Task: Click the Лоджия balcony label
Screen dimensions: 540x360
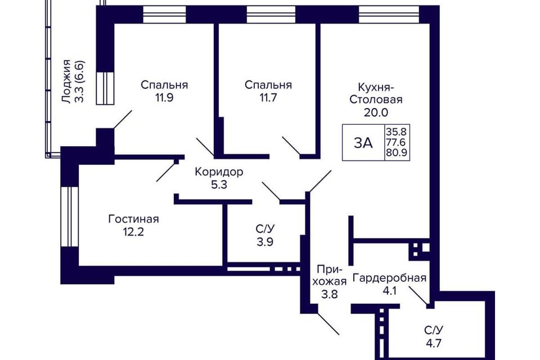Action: point(66,82)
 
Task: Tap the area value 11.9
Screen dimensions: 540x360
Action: point(164,98)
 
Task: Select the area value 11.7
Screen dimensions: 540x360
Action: point(268,98)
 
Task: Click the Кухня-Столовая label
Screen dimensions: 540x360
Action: point(376,93)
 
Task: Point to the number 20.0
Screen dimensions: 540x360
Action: point(376,112)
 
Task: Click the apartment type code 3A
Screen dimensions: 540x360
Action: point(363,143)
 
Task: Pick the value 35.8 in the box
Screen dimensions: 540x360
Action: point(396,132)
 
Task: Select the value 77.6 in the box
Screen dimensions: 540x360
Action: point(396,142)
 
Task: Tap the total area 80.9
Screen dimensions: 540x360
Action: point(396,152)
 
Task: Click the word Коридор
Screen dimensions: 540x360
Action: point(219,172)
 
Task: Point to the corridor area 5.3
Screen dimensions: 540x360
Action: point(219,185)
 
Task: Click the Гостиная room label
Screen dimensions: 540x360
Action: point(134,219)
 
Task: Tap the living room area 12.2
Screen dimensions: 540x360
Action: point(134,232)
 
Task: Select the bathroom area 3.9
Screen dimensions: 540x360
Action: point(265,242)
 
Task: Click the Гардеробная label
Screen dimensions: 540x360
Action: point(389,278)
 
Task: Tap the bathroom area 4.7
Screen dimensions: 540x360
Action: point(434,343)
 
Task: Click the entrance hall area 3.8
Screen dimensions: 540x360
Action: point(330,295)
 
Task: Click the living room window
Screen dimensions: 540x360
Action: point(70,217)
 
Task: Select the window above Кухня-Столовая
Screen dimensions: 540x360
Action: point(389,15)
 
